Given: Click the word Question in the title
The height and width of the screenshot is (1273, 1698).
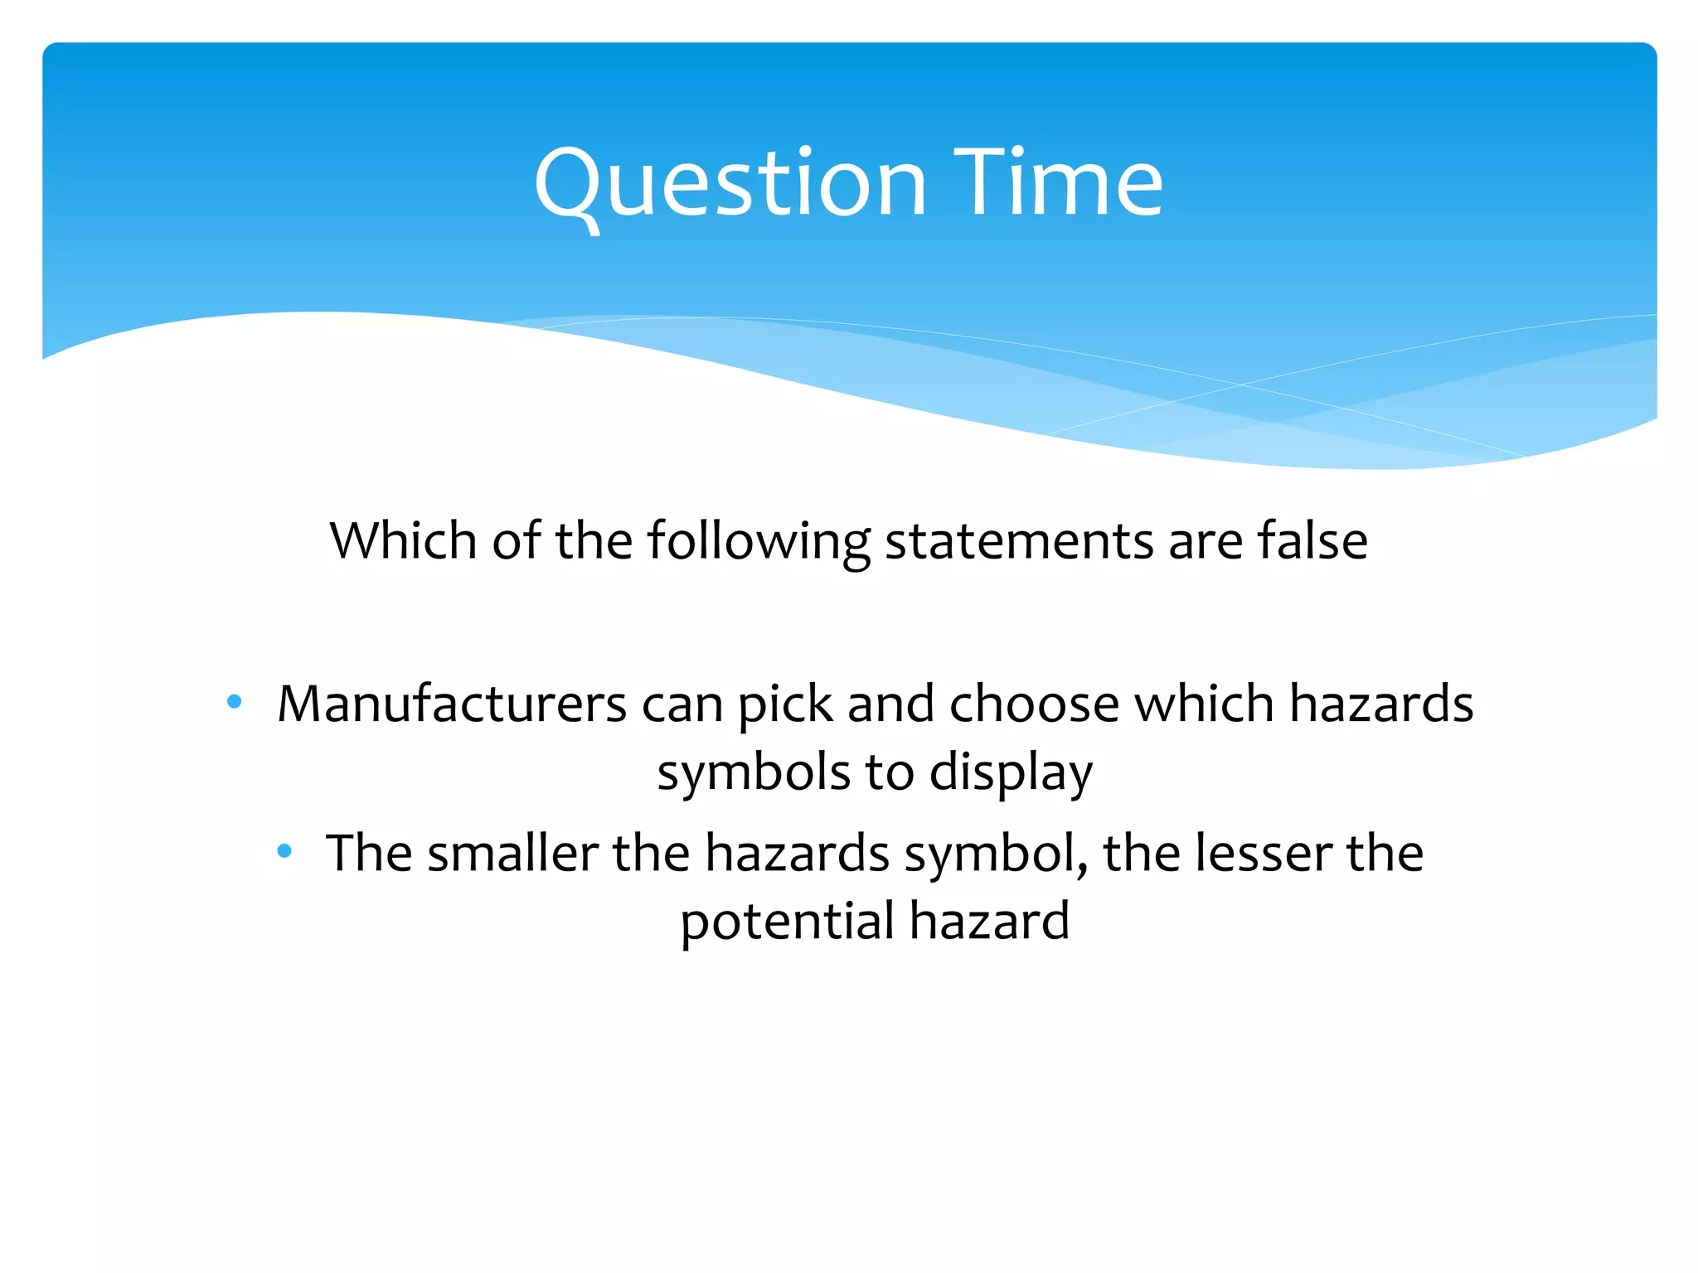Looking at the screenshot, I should coord(730,184).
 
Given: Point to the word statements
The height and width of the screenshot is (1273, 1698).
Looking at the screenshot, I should coord(1019,541).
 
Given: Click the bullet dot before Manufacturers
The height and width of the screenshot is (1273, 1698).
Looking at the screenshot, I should coord(234,703).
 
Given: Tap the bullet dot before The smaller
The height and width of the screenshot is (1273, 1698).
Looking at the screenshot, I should coord(284,851).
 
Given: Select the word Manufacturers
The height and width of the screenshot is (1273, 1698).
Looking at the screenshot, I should coord(452,704).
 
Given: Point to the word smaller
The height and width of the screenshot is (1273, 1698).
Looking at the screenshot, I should coord(512,853).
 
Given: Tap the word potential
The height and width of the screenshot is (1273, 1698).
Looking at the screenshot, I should coord(787,922).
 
